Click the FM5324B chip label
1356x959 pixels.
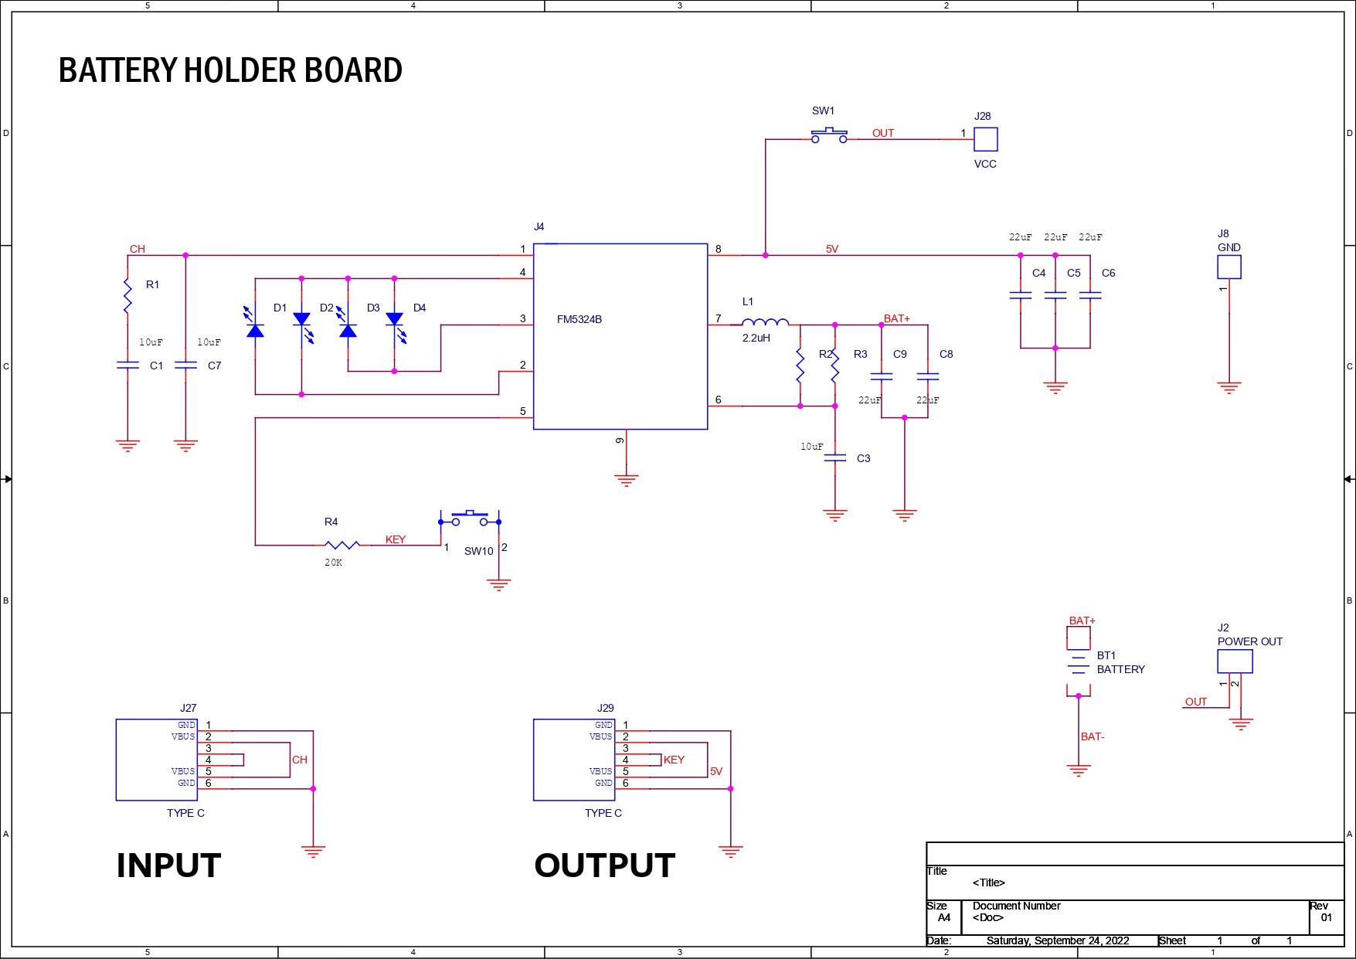579,319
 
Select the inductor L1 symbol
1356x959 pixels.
765,322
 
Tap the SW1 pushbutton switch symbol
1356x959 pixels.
829,135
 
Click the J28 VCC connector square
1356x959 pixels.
985,139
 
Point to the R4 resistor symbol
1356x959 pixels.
342,545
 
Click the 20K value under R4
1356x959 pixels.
333,563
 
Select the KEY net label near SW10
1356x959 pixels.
395,539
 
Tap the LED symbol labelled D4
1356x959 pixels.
395,322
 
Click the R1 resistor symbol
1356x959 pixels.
127,296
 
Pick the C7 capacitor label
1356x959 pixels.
214,366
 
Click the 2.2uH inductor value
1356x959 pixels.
756,338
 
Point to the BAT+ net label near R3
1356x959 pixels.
896,318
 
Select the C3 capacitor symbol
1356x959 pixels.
835,458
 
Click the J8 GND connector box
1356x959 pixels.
1229,267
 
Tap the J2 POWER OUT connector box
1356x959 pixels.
1235,661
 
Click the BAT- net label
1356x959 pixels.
1092,736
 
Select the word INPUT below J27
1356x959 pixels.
168,865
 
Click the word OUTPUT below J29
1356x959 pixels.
604,865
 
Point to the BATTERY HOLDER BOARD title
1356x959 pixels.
230,70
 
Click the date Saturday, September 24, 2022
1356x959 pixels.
1057,940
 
